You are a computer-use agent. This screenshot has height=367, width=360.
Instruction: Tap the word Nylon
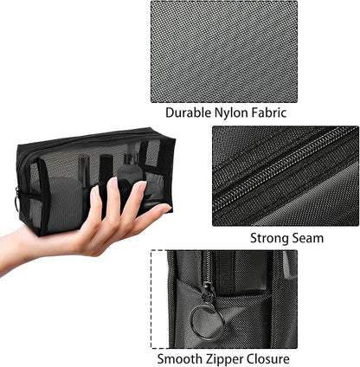click(x=233, y=112)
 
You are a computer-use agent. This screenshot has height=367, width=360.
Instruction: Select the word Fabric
click(x=270, y=112)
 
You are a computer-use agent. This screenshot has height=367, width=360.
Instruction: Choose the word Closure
click(x=267, y=357)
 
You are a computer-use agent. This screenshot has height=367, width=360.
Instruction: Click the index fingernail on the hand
click(x=111, y=184)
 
